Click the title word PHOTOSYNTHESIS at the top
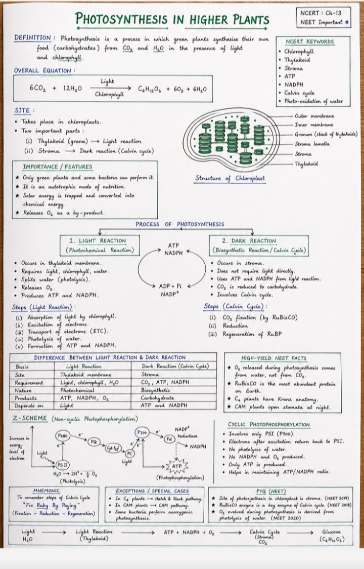pyautogui.click(x=121, y=19)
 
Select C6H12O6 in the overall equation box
pyautogui.click(x=150, y=89)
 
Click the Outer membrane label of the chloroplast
pyautogui.click(x=314, y=116)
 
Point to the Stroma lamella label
pyautogui.click(x=312, y=144)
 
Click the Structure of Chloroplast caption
pyautogui.click(x=230, y=178)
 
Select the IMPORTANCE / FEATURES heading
pyautogui.click(x=58, y=167)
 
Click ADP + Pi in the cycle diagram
pyautogui.click(x=170, y=287)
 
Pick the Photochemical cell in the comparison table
pyautogui.click(x=77, y=390)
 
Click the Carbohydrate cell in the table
pyautogui.click(x=157, y=398)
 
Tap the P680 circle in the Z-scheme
pyautogui.click(x=63, y=436)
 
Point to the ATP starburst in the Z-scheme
pyautogui.click(x=177, y=466)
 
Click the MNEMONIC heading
pyautogui.click(x=47, y=491)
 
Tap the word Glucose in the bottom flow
pyautogui.click(x=332, y=532)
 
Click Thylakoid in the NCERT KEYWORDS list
pyautogui.click(x=297, y=60)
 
